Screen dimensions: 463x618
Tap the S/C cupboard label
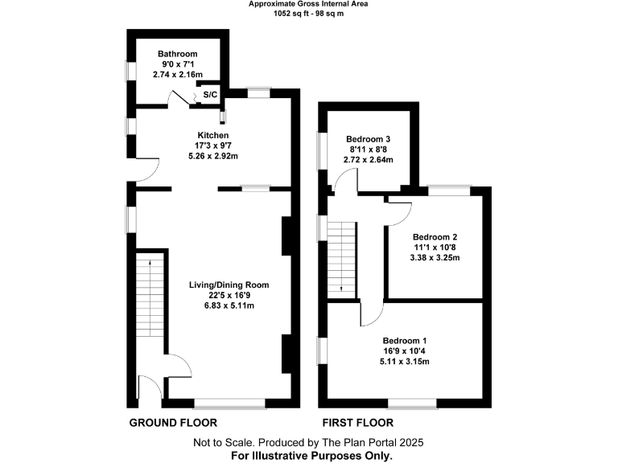pyautogui.click(x=209, y=95)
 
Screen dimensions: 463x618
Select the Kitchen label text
pyautogui.click(x=213, y=135)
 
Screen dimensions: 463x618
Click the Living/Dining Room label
pyautogui.click(x=229, y=285)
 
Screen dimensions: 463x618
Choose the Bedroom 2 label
pyautogui.click(x=435, y=237)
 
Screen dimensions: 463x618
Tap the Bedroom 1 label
pyautogui.click(x=406, y=339)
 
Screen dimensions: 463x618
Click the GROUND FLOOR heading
pyautogui.click(x=174, y=422)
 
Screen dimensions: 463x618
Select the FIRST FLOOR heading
pyautogui.click(x=357, y=422)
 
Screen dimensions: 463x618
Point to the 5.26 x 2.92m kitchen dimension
pyautogui.click(x=213, y=156)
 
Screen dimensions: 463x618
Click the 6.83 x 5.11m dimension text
pyautogui.click(x=229, y=305)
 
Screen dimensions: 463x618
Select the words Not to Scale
pyautogui.click(x=220, y=442)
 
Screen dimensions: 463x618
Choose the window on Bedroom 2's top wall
pyautogui.click(x=447, y=190)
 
